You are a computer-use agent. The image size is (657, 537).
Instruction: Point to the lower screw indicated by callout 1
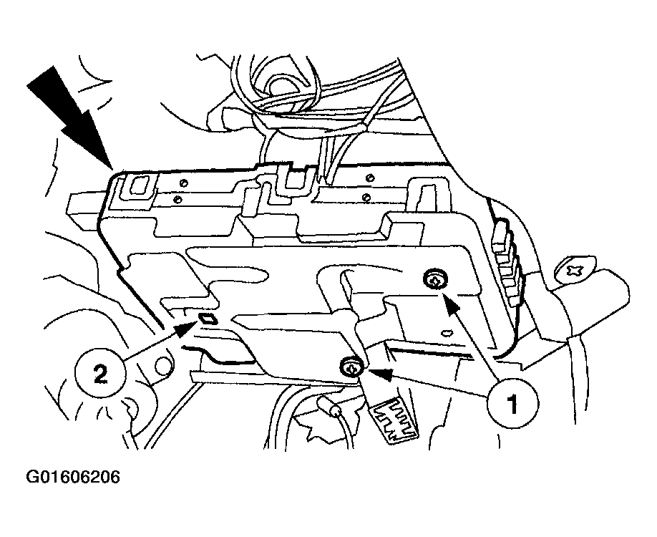350,368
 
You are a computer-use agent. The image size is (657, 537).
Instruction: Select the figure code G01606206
73,477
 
